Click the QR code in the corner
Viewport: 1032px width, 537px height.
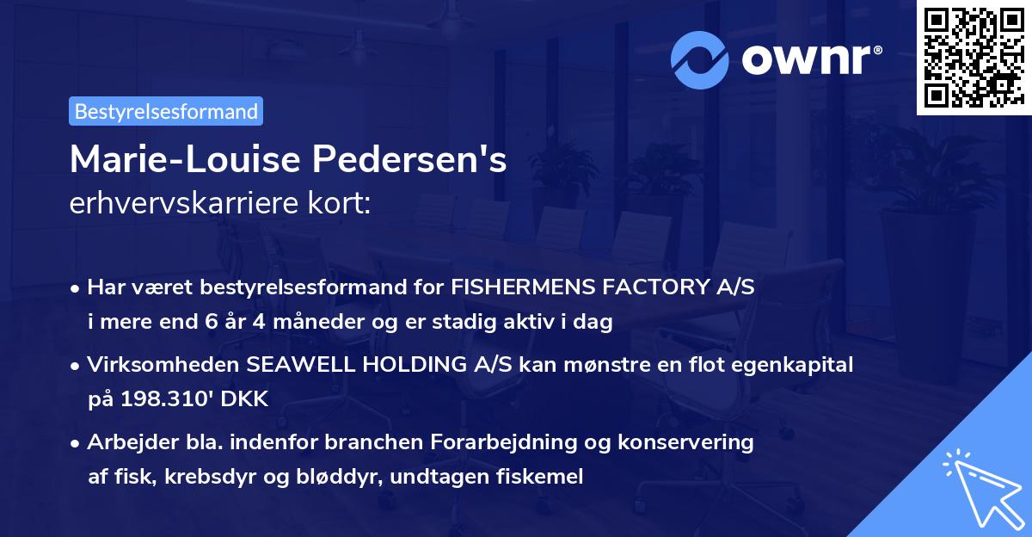click(974, 58)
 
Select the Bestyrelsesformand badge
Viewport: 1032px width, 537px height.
click(166, 111)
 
